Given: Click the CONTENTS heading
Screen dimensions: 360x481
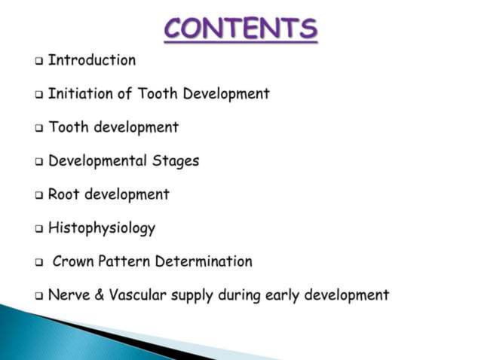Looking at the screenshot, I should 240,28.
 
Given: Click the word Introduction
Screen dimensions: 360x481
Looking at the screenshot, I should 92,60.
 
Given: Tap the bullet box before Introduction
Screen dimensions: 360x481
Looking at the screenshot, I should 39,61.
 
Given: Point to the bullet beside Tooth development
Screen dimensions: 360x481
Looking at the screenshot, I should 39,128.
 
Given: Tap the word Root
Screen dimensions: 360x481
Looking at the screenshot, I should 64,194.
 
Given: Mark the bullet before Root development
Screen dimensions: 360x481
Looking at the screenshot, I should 39,195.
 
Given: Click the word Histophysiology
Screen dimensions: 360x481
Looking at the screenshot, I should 102,228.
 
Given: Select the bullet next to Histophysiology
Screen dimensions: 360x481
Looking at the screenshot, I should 39,228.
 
